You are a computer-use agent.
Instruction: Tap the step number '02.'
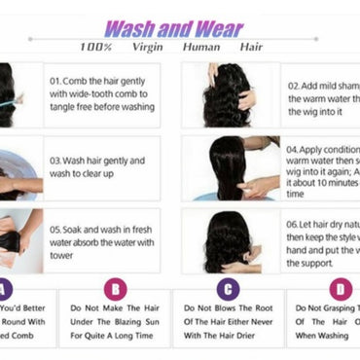pos(295,86)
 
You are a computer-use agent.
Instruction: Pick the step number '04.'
pos(295,150)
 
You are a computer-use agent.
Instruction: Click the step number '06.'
pos(295,223)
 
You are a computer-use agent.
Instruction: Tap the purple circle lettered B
pos(114,288)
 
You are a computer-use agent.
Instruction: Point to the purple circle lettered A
pos(4,288)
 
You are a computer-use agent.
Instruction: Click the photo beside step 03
pos(19,168)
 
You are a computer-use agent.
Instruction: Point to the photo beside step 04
pos(232,166)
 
